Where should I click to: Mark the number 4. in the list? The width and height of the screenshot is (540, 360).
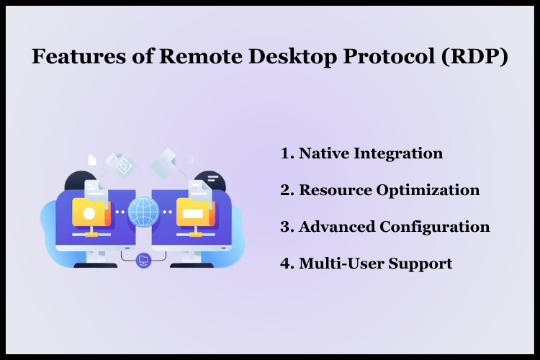click(x=287, y=264)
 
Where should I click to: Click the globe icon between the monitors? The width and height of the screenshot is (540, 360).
click(x=143, y=212)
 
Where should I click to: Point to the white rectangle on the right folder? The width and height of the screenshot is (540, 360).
click(x=193, y=214)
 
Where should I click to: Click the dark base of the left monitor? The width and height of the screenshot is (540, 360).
click(x=95, y=265)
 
